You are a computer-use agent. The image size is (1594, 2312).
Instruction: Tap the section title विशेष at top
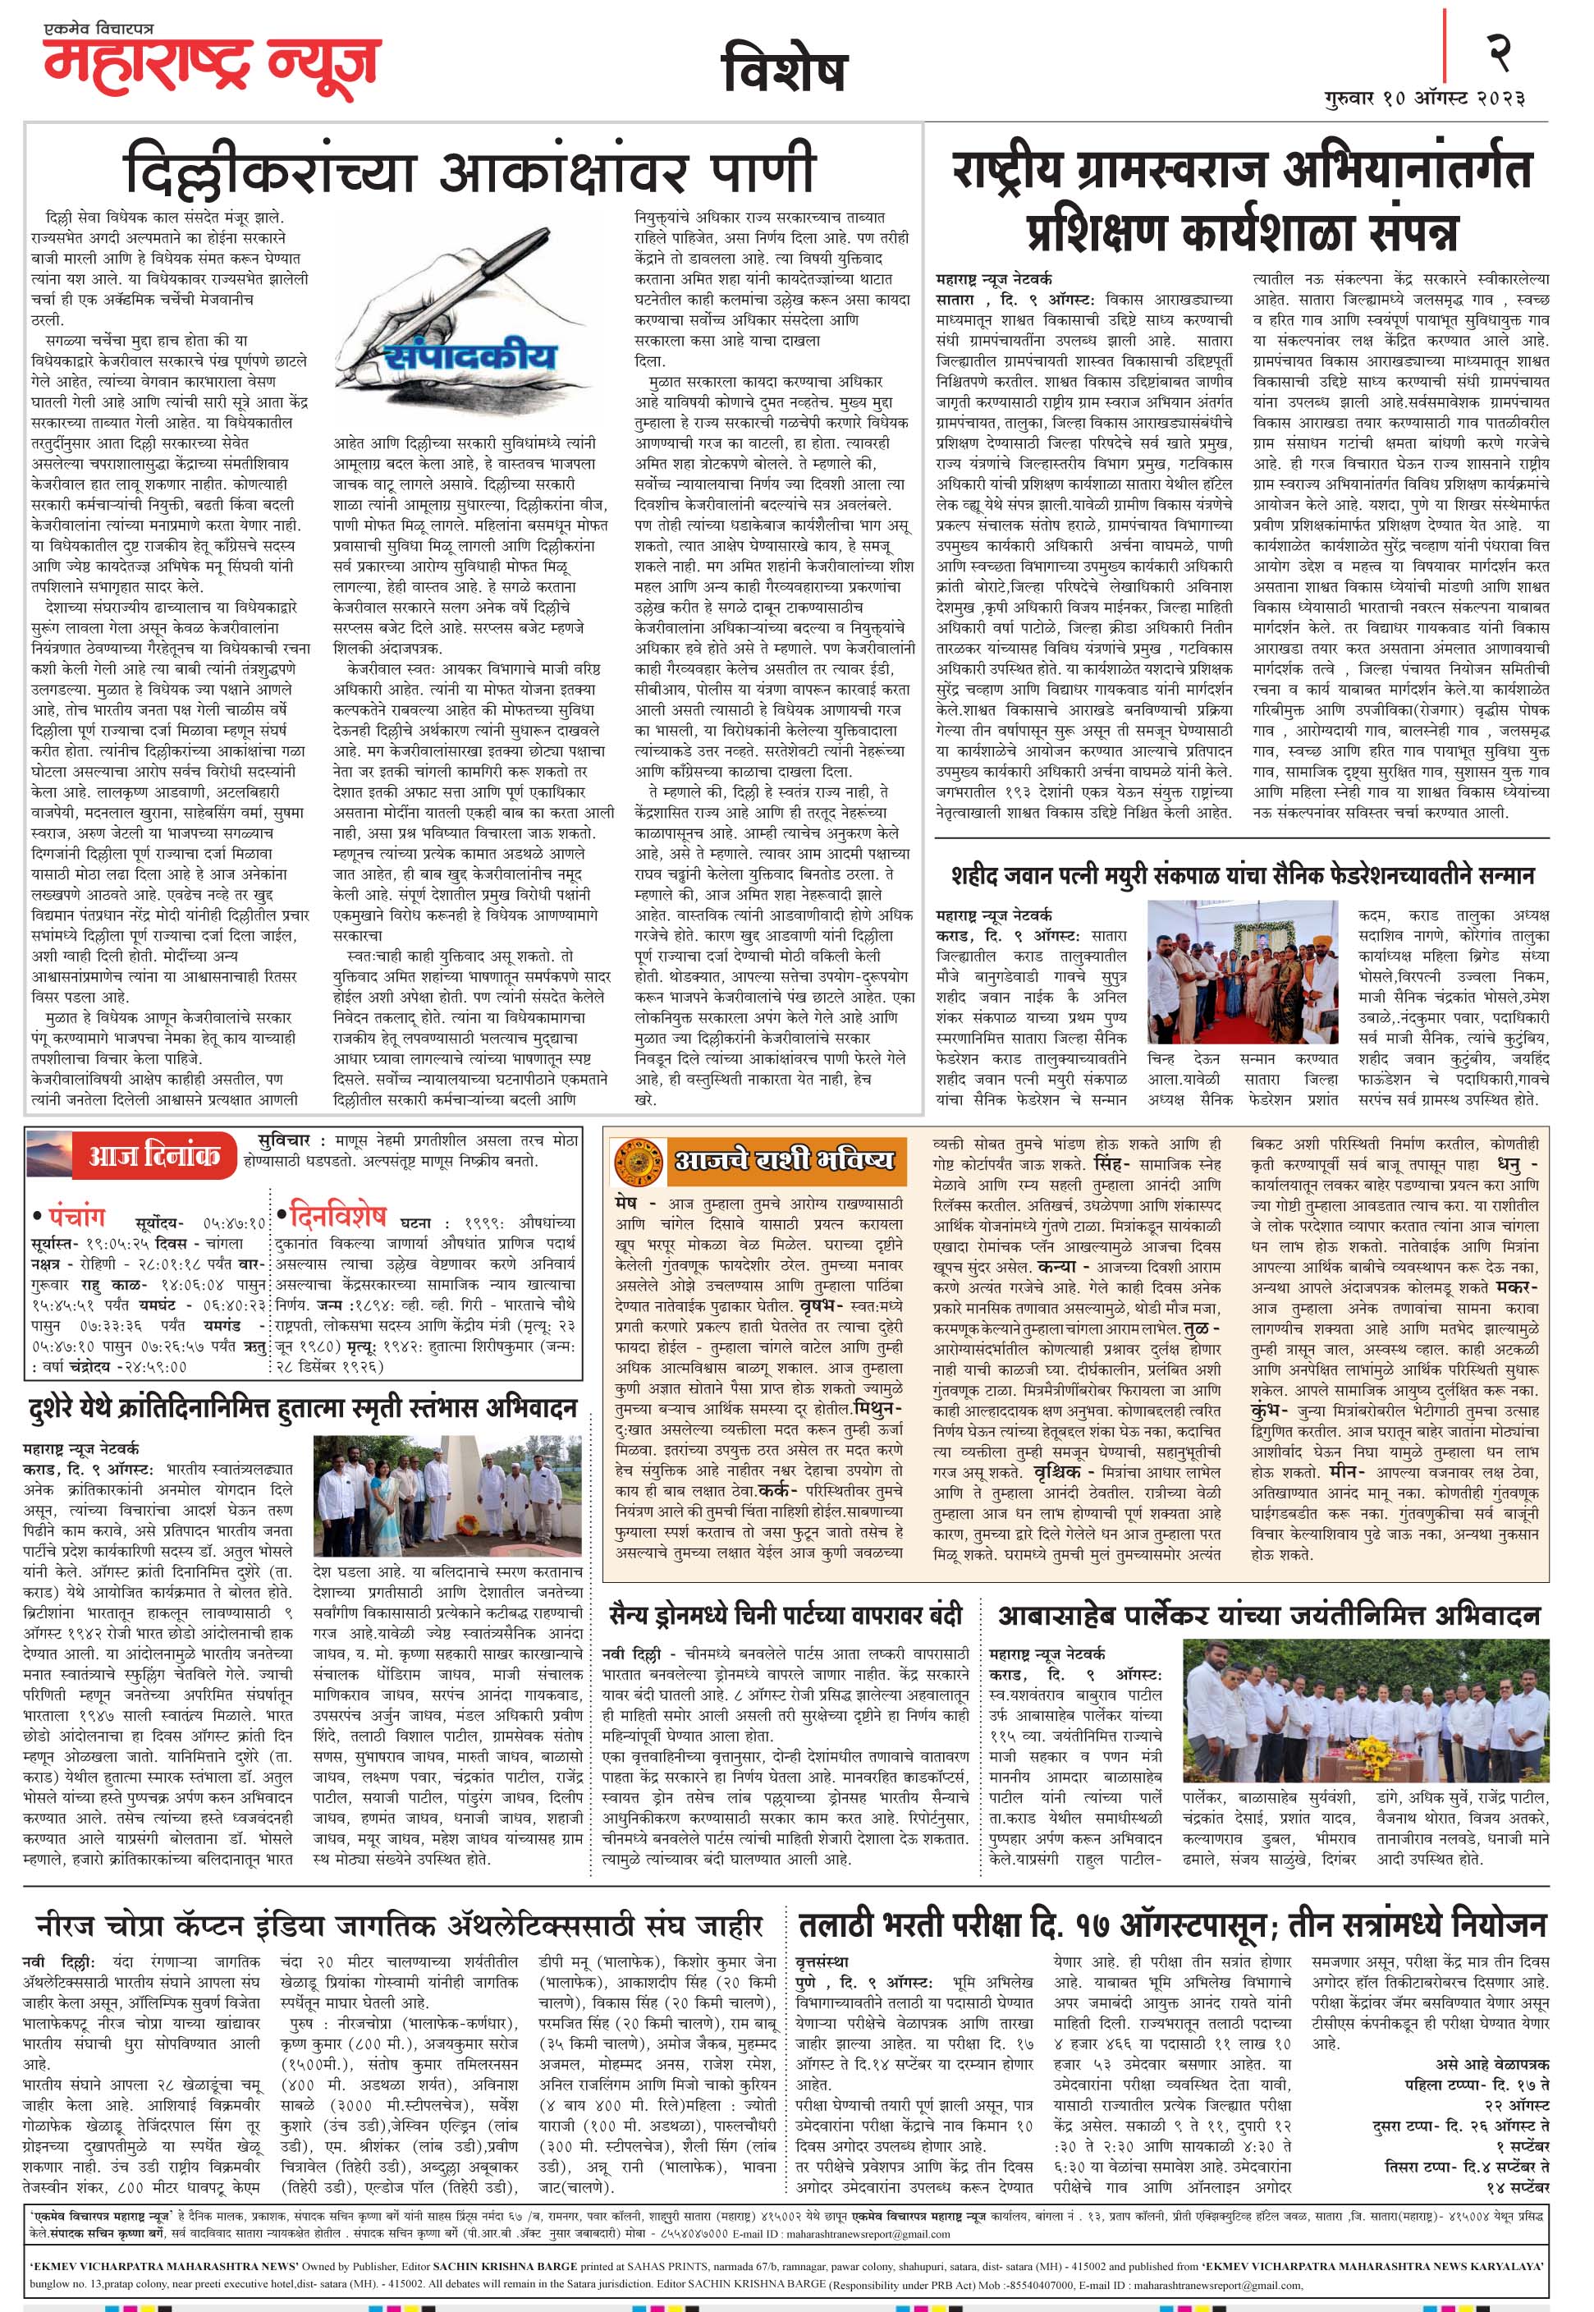point(784,71)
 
